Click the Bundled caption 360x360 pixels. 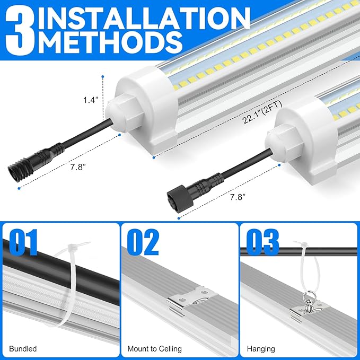(23, 349)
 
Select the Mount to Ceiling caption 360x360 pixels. (155, 349)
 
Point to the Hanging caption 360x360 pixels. (260, 349)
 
